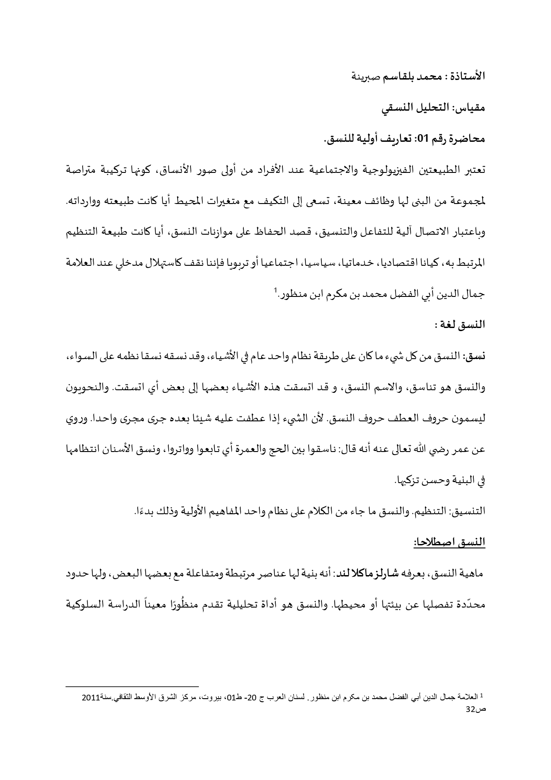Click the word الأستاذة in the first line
pyautogui.click(x=468, y=77)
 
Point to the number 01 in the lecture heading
pyautogui.click(x=421, y=140)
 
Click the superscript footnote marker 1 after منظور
pyautogui.click(x=275, y=291)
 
